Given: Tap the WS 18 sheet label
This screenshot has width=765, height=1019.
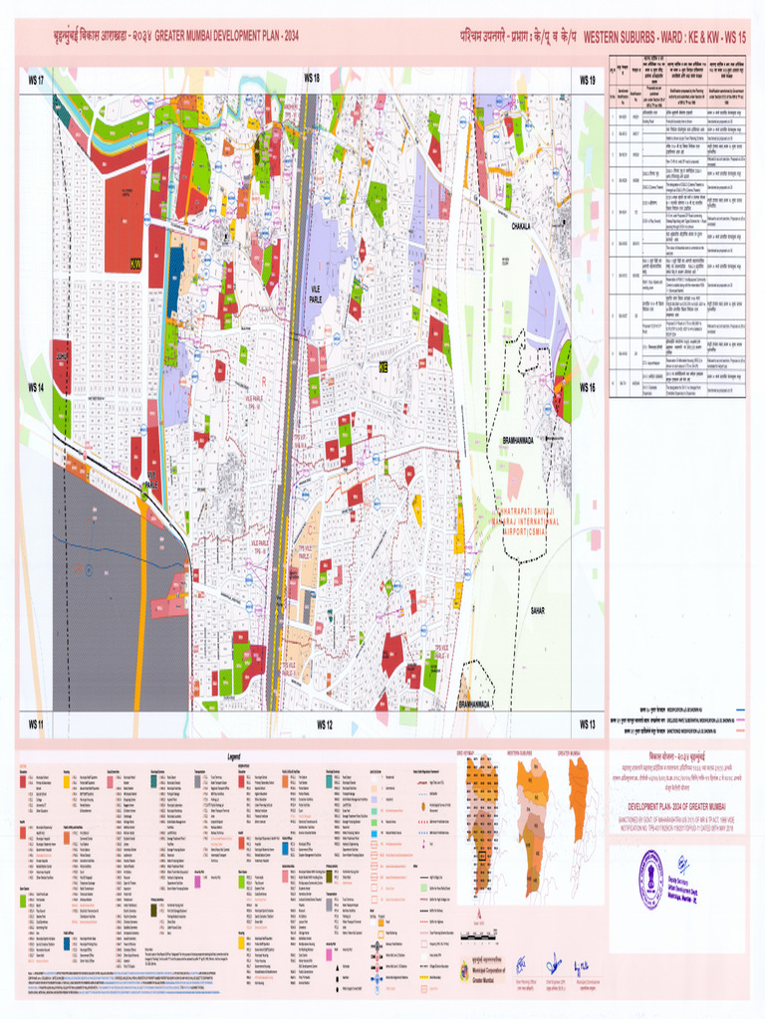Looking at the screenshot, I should coord(311,78).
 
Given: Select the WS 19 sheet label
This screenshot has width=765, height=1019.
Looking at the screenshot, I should coord(587,79).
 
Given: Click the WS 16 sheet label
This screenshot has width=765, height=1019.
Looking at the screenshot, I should coord(588,387).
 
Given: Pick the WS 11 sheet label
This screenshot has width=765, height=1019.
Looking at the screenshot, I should coord(36,723).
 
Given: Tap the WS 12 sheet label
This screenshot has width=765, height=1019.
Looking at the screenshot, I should coord(324,723).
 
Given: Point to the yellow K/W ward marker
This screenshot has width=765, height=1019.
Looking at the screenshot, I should coord(135,264).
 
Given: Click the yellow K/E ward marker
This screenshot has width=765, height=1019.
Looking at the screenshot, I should coord(382,367).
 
